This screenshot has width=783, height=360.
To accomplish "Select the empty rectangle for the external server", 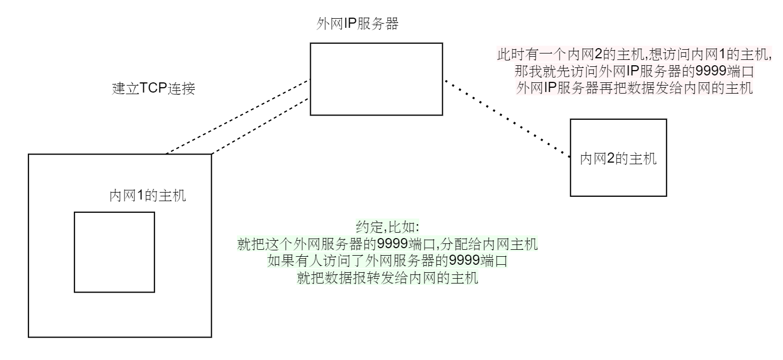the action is [376, 79].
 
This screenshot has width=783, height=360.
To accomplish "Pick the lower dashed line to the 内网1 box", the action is [261, 127].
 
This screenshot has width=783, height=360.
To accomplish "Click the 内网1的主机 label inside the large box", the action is [148, 196].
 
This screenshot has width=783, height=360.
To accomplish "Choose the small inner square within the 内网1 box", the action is [114, 252].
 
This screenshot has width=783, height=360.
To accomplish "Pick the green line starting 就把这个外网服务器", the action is [387, 244].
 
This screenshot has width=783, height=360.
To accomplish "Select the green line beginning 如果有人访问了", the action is [387, 262].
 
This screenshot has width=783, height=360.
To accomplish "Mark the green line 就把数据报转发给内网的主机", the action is [387, 279].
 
